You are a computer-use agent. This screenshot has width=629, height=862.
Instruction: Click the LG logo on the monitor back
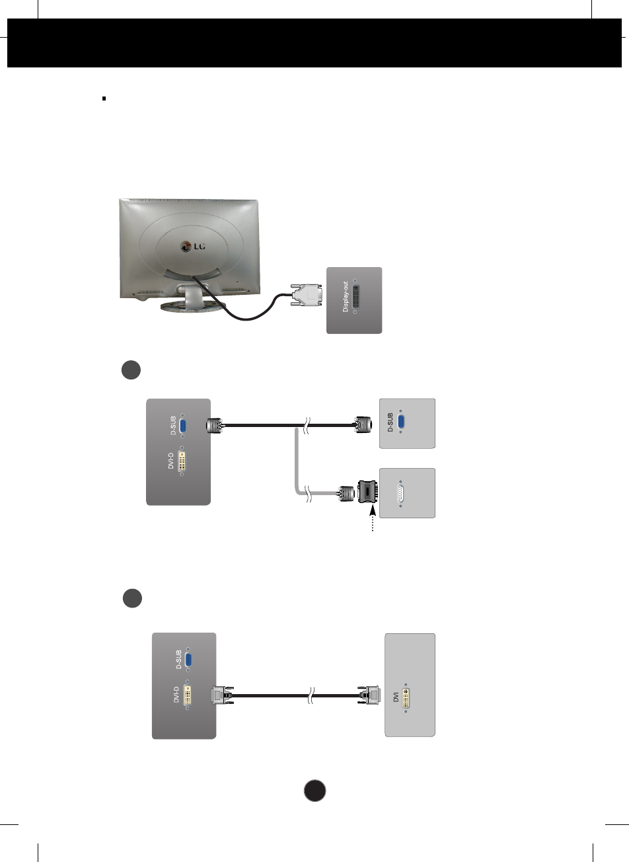point(193,247)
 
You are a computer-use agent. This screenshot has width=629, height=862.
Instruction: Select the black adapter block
point(368,493)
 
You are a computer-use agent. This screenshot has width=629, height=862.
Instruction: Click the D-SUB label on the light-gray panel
point(390,422)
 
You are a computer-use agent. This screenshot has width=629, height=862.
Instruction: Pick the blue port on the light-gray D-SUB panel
point(401,422)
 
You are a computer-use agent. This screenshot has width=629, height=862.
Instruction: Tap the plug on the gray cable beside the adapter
point(346,493)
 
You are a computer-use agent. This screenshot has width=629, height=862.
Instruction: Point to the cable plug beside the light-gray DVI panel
point(369,695)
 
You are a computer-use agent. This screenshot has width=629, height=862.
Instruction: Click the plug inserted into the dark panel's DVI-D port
point(221,695)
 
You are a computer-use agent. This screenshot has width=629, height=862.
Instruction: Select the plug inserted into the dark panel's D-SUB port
point(214,426)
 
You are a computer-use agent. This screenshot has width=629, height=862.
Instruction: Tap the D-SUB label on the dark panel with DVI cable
point(178,660)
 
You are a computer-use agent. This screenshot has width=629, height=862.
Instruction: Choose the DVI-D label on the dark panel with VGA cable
point(171,461)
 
